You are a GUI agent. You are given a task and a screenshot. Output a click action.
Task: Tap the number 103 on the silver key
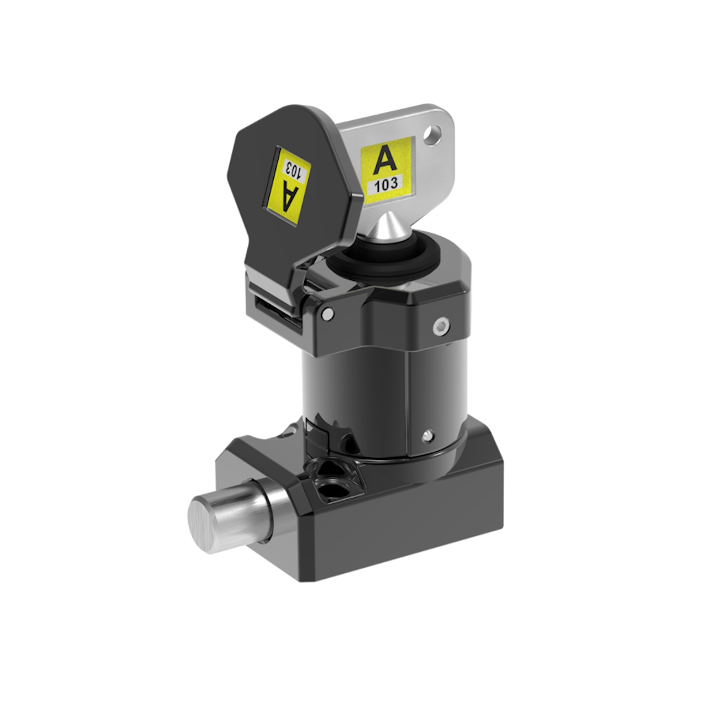coord(387,184)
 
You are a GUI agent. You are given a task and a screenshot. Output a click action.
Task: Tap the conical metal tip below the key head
coord(387,228)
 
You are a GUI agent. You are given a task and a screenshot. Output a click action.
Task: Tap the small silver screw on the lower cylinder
coord(428,434)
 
